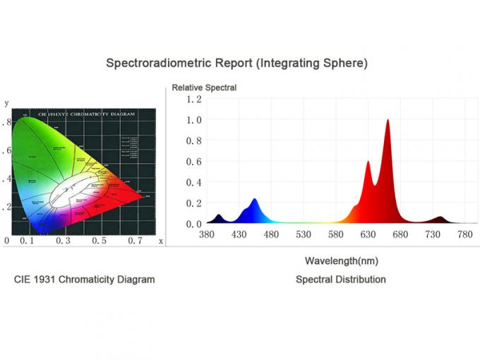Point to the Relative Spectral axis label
(204, 88)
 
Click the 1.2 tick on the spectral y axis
(193, 99)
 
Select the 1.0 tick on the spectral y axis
(193, 120)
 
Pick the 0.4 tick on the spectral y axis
(193, 182)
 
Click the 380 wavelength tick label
(207, 234)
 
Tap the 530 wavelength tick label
(304, 234)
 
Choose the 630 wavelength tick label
(368, 234)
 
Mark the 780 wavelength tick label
(465, 234)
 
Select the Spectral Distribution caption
(340, 280)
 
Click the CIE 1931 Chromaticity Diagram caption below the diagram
(85, 280)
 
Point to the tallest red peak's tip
(388, 120)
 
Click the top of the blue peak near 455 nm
(254, 200)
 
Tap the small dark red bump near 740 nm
(439, 217)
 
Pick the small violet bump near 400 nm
(219, 215)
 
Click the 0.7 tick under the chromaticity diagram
(134, 241)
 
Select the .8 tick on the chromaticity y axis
(7, 122)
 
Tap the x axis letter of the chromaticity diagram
(161, 241)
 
